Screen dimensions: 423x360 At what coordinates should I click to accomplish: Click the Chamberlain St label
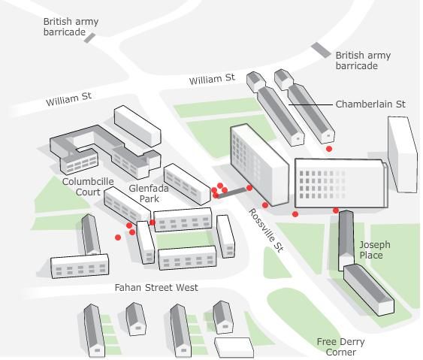tap(370, 104)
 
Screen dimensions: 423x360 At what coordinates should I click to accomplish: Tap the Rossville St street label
tap(266, 230)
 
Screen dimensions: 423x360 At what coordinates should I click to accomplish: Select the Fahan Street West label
tap(156, 287)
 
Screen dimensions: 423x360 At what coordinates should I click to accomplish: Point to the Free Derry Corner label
tap(340, 346)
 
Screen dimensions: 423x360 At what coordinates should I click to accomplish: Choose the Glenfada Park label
tap(149, 193)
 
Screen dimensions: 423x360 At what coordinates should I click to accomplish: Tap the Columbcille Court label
tap(88, 186)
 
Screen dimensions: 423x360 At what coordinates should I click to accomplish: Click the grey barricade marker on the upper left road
tap(89, 38)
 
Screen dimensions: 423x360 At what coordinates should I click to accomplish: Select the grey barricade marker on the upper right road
tap(321, 50)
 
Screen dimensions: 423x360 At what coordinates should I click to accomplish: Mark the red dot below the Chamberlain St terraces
tap(329, 149)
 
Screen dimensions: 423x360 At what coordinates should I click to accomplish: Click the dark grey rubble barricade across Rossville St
tap(232, 192)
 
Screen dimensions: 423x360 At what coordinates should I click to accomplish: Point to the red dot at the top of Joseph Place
tap(336, 210)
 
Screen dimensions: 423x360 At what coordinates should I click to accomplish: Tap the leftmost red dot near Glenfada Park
tap(118, 237)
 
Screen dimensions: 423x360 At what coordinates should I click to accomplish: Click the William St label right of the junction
tap(212, 80)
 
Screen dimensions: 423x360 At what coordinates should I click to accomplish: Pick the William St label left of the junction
tap(69, 99)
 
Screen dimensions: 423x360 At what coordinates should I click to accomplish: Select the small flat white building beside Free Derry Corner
tap(234, 347)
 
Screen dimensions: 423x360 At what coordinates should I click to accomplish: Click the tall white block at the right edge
tap(403, 154)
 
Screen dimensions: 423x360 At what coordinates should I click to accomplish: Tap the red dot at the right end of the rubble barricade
tap(249, 188)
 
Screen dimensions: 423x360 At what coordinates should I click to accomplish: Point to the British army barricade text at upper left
tap(71, 27)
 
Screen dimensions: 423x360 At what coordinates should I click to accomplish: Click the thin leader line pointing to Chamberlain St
tap(310, 104)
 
